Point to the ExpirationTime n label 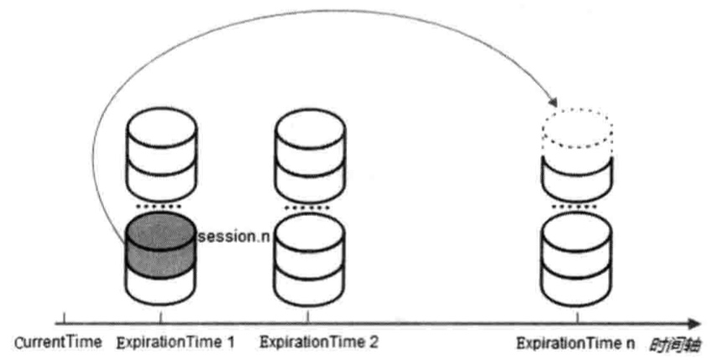(x=577, y=342)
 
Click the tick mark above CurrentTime (x=65, y=317)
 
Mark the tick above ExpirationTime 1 (x=160, y=316)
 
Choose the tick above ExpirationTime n (x=577, y=316)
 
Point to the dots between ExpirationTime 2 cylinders (x=309, y=206)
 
